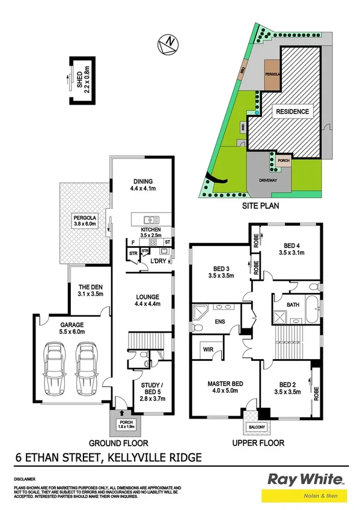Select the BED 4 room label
click(x=291, y=248)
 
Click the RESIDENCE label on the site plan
click(x=292, y=111)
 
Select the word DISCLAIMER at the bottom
click(x=22, y=479)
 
